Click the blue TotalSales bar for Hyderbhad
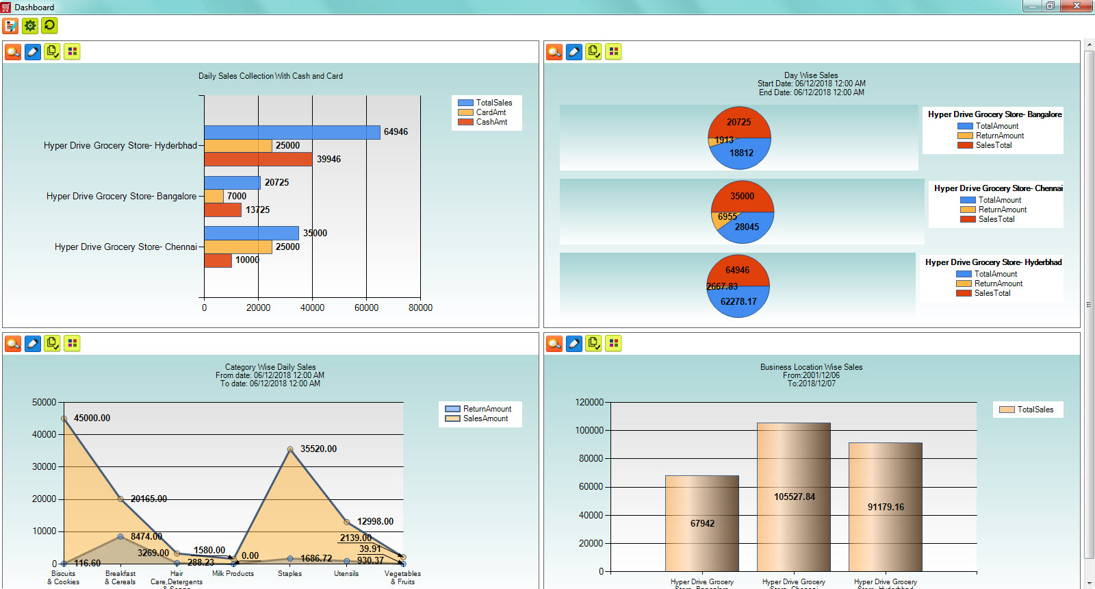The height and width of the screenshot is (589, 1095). click(x=292, y=132)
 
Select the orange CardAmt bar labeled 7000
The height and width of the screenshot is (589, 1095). click(x=214, y=196)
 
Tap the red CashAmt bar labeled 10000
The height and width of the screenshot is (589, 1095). click(x=218, y=260)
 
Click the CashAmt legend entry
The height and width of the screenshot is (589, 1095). click(x=491, y=122)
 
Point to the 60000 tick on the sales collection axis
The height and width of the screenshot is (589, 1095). click(x=366, y=308)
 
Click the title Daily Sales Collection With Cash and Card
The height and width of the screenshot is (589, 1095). click(x=270, y=76)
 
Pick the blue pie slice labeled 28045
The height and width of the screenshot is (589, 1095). click(x=747, y=227)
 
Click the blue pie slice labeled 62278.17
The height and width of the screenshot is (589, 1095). click(x=738, y=301)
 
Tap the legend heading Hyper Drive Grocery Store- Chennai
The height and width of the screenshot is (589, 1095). click(x=998, y=188)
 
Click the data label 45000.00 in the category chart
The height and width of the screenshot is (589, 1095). click(x=92, y=418)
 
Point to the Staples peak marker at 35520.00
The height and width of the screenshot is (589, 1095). click(x=290, y=449)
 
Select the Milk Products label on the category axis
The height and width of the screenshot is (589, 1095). click(x=233, y=574)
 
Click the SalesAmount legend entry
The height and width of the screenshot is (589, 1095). click(x=485, y=418)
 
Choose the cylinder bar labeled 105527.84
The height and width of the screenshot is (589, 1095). click(x=794, y=497)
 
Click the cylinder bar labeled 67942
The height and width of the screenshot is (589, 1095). click(x=702, y=523)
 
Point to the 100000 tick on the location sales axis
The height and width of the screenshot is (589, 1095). click(x=591, y=430)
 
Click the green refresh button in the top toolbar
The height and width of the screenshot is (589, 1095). click(x=49, y=26)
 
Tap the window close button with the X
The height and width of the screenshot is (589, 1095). click(x=1077, y=6)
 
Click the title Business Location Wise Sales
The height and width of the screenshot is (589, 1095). click(x=811, y=367)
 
